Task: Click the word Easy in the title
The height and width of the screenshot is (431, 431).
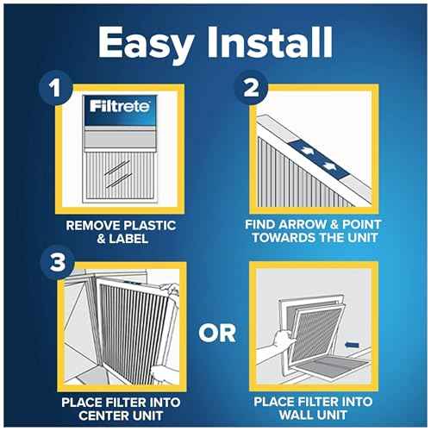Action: coord(140,42)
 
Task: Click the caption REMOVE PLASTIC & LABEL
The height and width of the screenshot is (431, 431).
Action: coord(120,234)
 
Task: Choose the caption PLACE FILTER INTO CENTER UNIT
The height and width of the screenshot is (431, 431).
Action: coord(120,408)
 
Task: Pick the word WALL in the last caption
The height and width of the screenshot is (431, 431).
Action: coord(297,415)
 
